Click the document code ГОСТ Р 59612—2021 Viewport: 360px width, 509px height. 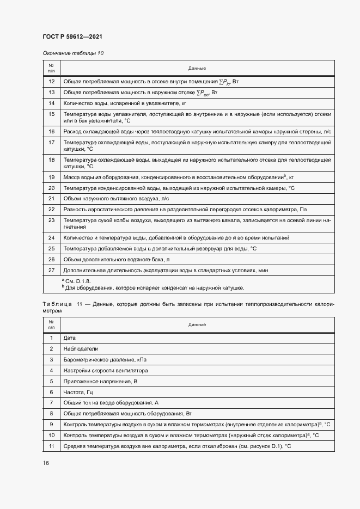[x=72, y=36]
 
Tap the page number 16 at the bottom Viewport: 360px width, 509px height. [x=46, y=463]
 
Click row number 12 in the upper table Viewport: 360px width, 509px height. [x=52, y=81]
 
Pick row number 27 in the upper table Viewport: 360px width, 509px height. [x=52, y=270]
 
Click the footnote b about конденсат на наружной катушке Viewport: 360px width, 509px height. [x=154, y=287]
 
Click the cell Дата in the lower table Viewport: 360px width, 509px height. [x=70, y=338]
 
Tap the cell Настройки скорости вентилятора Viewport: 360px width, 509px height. [x=106, y=371]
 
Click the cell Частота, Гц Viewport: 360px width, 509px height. [x=79, y=392]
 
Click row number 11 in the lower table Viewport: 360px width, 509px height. [x=52, y=446]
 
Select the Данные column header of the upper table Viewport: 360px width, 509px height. [x=197, y=68]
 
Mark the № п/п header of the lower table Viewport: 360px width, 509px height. [x=52, y=324]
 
